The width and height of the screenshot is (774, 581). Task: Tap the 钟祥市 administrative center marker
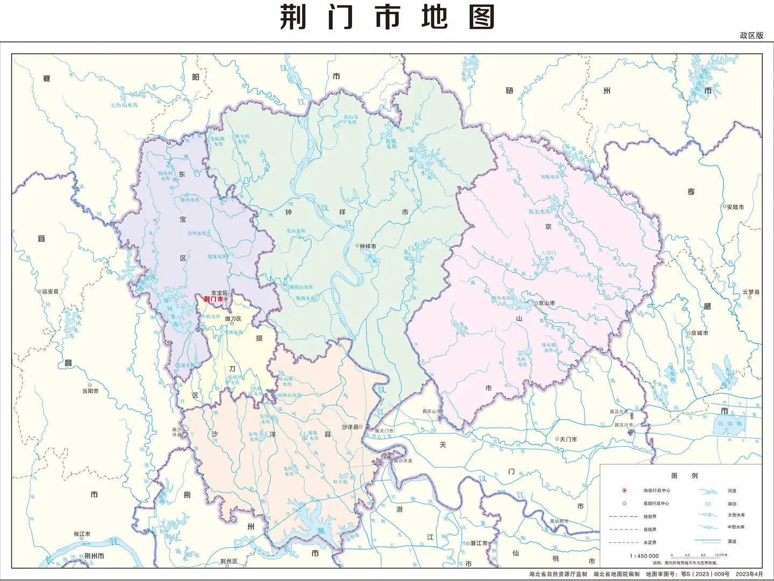pyautogui.click(x=357, y=246)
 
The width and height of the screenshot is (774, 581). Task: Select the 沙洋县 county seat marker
pyautogui.click(x=361, y=427)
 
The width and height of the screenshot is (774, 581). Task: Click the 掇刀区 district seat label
pyautogui.click(x=233, y=319)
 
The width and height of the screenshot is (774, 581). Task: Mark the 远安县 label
pyautogui.click(x=50, y=291)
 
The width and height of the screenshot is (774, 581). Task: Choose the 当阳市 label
pyautogui.click(x=90, y=391)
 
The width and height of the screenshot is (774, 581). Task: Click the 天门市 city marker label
pyautogui.click(x=568, y=439)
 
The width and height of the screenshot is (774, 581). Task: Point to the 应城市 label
pyautogui.click(x=699, y=333)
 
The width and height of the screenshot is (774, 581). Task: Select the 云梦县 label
pyautogui.click(x=751, y=292)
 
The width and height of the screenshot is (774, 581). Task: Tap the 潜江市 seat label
pyautogui.click(x=478, y=543)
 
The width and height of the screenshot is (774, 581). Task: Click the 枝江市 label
pyautogui.click(x=82, y=534)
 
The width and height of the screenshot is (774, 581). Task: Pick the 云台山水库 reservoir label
pyautogui.click(x=124, y=105)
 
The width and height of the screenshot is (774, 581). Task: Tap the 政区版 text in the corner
pyautogui.click(x=751, y=35)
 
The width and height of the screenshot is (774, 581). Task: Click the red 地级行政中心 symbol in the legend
pyautogui.click(x=625, y=490)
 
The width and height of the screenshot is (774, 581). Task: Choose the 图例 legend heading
pyautogui.click(x=684, y=476)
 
